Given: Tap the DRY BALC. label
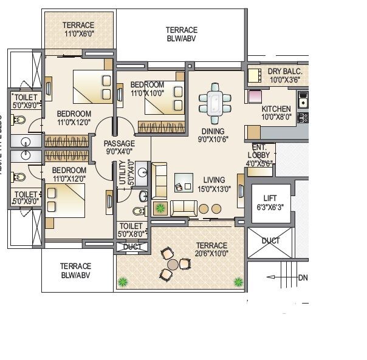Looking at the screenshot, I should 289,72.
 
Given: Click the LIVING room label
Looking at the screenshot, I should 214,180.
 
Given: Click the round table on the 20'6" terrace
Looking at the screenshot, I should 173,264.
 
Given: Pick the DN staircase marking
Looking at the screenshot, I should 303,278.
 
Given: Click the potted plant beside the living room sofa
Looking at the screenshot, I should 160,208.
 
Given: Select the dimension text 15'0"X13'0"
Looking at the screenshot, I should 214,189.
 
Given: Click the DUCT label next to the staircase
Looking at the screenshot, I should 270,241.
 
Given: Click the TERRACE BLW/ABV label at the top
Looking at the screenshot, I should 182,34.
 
